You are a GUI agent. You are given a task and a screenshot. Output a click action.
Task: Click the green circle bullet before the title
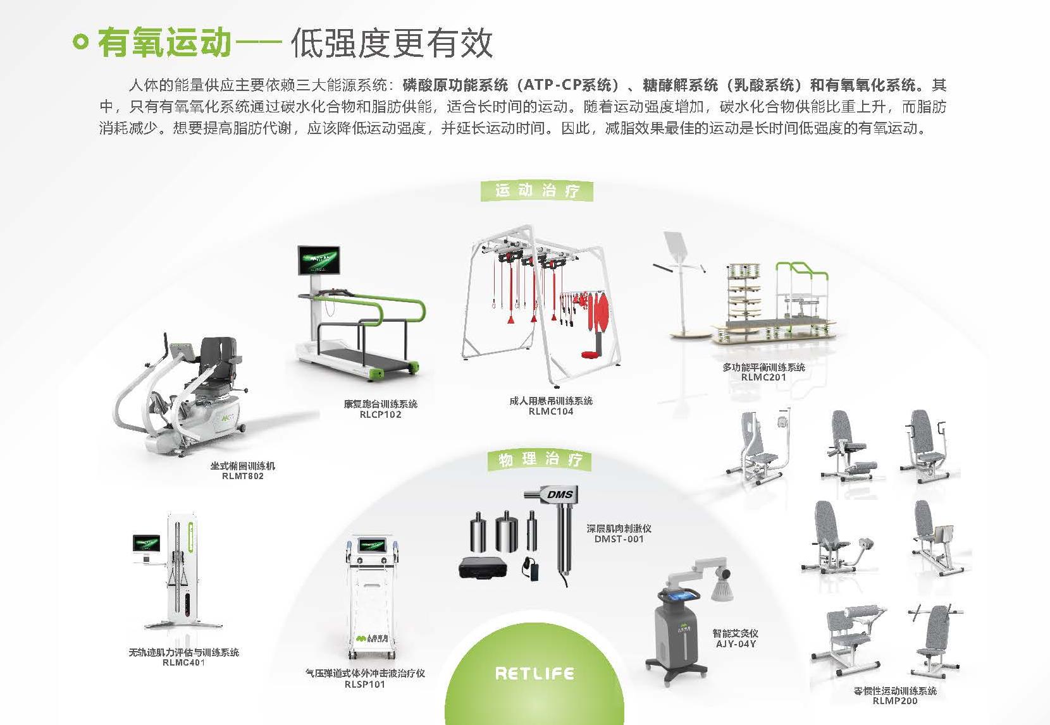[80, 42]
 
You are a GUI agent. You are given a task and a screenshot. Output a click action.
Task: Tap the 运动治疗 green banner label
[536, 190]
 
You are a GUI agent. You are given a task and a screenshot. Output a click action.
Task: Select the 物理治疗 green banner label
[540, 460]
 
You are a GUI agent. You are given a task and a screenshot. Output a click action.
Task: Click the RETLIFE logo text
[534, 674]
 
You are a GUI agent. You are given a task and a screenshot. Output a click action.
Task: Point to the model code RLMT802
[242, 476]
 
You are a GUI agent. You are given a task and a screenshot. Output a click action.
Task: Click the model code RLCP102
[380, 415]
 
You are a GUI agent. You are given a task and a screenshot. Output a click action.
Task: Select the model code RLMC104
[551, 411]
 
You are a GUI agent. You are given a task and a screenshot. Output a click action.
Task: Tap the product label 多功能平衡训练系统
[763, 367]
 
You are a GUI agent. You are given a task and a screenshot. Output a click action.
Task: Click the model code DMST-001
[619, 539]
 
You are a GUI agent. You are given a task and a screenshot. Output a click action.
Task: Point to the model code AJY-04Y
[736, 643]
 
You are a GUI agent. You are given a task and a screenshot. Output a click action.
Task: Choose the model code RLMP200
[894, 700]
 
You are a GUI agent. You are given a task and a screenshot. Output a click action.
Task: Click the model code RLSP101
[365, 684]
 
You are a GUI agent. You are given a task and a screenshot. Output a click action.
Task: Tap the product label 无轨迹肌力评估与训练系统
[183, 652]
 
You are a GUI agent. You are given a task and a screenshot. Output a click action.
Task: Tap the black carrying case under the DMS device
[483, 567]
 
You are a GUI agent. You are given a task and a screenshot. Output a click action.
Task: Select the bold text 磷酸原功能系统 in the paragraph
[455, 85]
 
